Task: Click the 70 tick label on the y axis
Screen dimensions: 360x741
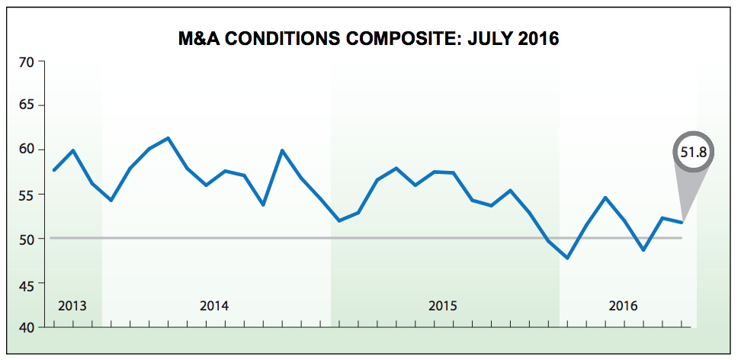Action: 28,62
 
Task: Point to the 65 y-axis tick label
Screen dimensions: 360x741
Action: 28,105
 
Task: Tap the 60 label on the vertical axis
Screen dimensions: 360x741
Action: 28,149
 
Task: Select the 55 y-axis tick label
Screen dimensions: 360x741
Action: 28,194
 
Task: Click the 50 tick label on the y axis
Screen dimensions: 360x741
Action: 28,239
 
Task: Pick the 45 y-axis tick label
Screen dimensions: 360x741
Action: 28,284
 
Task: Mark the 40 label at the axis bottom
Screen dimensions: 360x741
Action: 28,327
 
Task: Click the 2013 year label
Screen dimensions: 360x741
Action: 72,307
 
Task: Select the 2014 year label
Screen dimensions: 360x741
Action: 214,307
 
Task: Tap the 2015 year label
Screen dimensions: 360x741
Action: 443,307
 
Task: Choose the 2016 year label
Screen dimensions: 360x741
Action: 624,307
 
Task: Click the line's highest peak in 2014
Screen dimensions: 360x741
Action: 168,138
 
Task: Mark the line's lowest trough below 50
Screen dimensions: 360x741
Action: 568,258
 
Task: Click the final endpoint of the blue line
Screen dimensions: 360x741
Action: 682,222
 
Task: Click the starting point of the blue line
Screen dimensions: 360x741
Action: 53,170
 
